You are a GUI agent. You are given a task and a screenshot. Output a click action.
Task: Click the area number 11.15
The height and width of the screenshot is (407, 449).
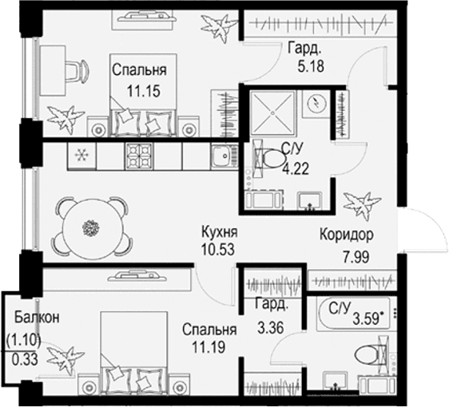(144, 91)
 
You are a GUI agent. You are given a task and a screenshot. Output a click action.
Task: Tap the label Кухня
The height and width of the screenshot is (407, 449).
(220, 232)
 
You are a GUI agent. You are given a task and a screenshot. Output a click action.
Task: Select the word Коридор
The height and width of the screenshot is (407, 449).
(347, 235)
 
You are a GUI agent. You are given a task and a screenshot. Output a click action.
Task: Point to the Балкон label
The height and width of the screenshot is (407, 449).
(37, 317)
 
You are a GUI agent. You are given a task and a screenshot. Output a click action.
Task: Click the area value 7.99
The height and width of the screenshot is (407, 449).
(356, 256)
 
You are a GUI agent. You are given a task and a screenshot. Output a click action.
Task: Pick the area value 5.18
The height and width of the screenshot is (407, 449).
(311, 66)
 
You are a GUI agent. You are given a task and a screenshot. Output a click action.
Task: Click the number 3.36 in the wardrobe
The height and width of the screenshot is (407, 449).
(271, 327)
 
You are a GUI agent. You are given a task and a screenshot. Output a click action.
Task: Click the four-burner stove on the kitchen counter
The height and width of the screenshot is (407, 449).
(139, 156)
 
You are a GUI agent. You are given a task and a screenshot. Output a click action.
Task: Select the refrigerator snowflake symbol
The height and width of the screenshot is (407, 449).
(81, 156)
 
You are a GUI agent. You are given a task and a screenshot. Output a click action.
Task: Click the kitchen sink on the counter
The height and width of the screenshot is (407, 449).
(224, 156)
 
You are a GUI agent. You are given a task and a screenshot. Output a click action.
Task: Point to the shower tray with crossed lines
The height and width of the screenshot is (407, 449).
(272, 113)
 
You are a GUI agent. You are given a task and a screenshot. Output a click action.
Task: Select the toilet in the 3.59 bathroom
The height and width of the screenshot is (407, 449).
(370, 355)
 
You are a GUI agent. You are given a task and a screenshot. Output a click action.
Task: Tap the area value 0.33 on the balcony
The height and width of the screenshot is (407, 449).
(25, 359)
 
